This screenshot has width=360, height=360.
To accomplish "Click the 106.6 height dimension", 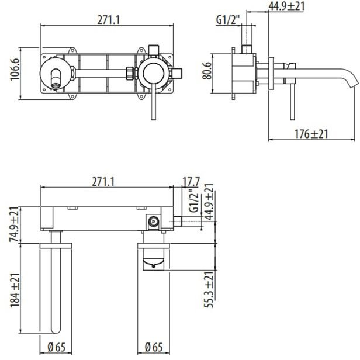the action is pos(15,70).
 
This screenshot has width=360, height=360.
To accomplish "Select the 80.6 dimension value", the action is pos(207,71).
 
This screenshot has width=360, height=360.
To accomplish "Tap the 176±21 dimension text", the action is pos(311,134).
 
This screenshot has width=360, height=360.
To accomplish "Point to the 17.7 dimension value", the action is pos(191,182).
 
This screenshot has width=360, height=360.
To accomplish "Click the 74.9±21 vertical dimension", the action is pos(14,224).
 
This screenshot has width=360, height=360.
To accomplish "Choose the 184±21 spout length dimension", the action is pos(15,290).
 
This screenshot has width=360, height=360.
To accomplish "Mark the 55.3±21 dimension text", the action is pos(209,289).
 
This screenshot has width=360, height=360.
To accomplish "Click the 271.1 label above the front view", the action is pos(109,20).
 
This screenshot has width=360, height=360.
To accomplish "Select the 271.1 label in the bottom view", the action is pos(103,182).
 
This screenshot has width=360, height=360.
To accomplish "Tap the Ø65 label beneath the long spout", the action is pos(57,347).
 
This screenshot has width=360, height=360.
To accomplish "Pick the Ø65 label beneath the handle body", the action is pos(154,347).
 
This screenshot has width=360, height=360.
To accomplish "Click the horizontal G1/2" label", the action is pos(227,20).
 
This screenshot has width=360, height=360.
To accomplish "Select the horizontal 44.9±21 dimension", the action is pos(286,6).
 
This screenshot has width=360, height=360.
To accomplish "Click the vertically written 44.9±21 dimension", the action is pos(209,202).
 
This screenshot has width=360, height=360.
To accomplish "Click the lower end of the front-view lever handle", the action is pos(154,119).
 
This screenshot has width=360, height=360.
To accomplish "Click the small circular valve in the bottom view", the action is pos(153,221).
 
